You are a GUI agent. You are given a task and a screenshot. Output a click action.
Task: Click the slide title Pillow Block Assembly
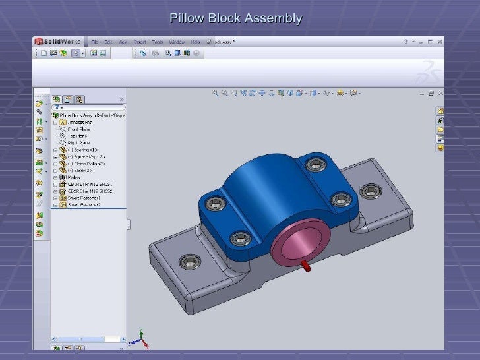(x=235, y=18)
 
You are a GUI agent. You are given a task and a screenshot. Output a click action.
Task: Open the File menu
(x=95, y=42)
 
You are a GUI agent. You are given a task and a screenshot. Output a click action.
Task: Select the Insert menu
(x=140, y=42)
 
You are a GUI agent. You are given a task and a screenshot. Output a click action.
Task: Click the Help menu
(x=195, y=42)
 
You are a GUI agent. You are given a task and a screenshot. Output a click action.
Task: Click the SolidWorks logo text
(x=60, y=42)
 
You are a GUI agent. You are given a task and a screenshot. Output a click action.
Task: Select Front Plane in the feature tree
(x=79, y=129)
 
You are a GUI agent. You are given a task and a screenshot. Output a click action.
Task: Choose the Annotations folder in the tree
(x=80, y=122)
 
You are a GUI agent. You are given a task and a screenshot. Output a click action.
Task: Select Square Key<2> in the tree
(x=90, y=156)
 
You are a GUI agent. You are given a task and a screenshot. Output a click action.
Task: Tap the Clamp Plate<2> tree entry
(x=90, y=164)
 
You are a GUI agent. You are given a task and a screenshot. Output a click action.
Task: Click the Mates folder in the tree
(x=75, y=177)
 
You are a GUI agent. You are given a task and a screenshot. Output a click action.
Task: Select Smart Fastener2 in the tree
(x=83, y=204)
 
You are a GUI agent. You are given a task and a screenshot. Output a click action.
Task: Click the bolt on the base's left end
(x=191, y=261)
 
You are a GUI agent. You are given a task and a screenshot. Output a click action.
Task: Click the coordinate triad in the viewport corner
(x=138, y=339)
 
